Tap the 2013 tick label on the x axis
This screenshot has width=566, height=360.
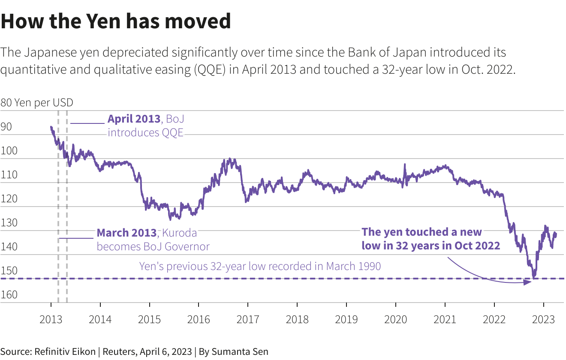point(51,319)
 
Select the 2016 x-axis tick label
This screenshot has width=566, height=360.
point(199,319)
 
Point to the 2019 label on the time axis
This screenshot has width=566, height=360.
point(346,319)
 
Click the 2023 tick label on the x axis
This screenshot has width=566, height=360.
point(544,319)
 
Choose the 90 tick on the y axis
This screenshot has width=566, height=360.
point(6,127)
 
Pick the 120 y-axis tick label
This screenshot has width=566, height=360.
point(9,199)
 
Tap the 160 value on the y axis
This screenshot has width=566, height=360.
point(9,295)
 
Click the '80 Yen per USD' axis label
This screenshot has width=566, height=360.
point(37,103)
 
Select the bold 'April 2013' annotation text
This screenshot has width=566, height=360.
point(134,119)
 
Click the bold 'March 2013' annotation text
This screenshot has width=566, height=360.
point(126,233)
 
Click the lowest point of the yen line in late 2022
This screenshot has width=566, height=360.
point(534,277)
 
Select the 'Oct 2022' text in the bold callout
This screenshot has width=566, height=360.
point(479,246)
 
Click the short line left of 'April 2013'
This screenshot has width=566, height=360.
point(87,123)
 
